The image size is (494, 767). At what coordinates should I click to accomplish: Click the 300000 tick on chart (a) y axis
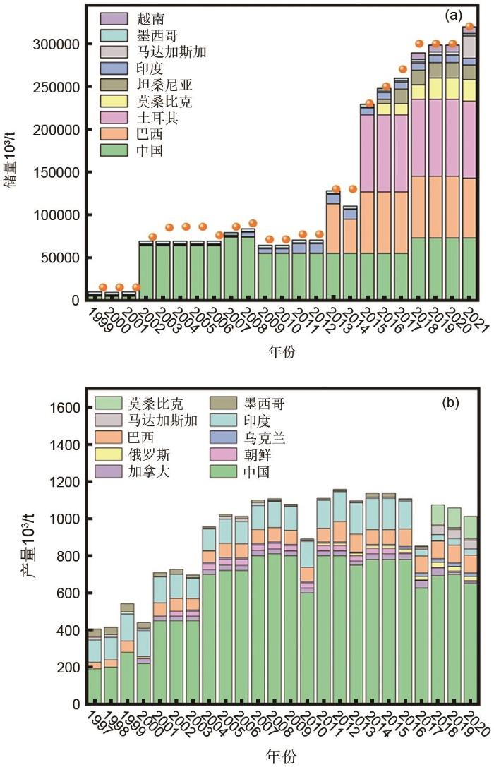[57, 44]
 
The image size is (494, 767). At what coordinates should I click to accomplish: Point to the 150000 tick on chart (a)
[57, 172]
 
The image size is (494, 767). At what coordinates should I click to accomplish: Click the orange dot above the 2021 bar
[469, 27]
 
